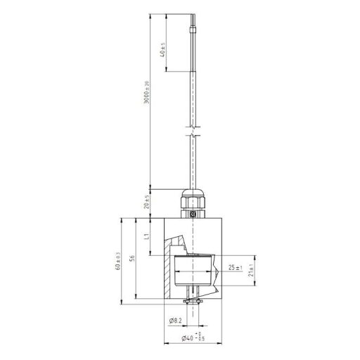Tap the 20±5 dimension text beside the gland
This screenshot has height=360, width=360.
tap(147, 203)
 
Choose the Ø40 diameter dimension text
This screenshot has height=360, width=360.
tap(187, 338)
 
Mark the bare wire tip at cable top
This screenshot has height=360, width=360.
tap(192, 21)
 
